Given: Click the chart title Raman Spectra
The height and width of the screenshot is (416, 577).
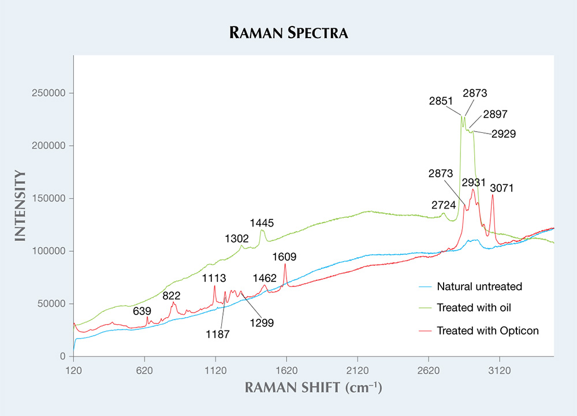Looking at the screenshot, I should tap(288, 32).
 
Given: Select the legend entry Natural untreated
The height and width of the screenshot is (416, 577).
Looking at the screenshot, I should tap(479, 286).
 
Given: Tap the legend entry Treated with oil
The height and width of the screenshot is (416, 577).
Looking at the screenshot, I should tap(474, 307).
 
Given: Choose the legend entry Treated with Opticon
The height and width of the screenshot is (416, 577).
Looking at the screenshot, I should tap(487, 330).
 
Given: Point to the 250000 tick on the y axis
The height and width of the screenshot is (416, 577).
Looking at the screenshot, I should tap(51, 93).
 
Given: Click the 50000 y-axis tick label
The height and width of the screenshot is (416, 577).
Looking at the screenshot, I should tap(53, 304).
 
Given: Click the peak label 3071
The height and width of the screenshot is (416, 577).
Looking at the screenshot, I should tap(501, 188).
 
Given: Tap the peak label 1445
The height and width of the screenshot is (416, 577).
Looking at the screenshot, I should tap(262, 222).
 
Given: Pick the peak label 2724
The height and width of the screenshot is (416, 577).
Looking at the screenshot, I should tap(443, 205).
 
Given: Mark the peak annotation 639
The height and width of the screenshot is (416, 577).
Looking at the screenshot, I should tap(142, 311).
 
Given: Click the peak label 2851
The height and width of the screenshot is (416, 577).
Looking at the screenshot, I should tap(441, 101).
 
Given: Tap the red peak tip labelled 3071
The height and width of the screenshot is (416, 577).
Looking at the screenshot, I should tap(492, 195).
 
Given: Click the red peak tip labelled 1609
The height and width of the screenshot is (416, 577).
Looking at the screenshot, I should tap(285, 264).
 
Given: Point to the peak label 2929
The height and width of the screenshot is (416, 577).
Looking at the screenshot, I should tap(504, 133).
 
